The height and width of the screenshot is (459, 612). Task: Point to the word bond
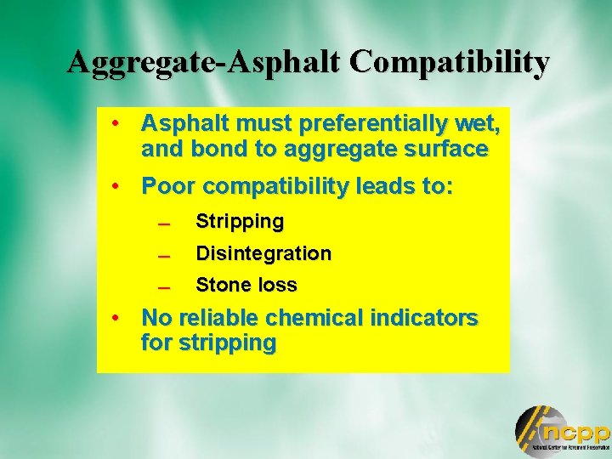tap(208, 150)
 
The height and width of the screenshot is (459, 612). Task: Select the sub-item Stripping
tap(240, 222)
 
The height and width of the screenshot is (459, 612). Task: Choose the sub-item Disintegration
tap(263, 253)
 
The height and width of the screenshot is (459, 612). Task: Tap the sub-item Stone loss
tap(246, 286)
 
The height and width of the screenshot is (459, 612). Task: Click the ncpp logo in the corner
tap(562, 430)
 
